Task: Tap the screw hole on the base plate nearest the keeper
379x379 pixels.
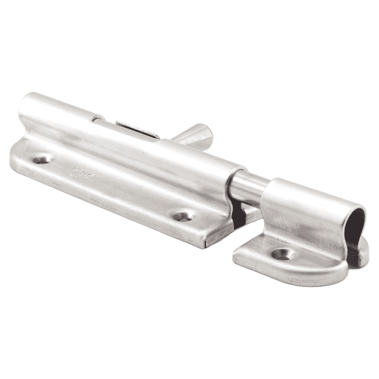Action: pos(182,216)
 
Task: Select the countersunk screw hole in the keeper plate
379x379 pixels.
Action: pos(282,254)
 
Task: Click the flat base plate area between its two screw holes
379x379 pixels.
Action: pos(114,189)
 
